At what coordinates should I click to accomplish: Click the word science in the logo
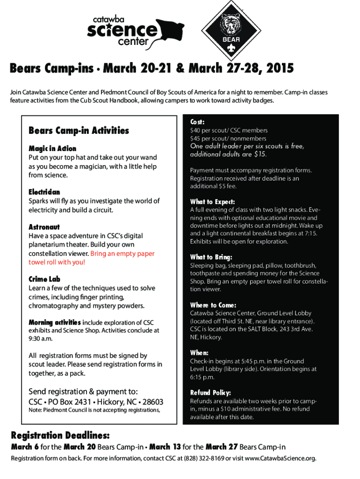[x=122, y=31]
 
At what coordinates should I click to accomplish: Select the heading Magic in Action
[x=52, y=149]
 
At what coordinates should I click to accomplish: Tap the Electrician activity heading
[x=44, y=192]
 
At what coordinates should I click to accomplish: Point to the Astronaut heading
[x=44, y=227]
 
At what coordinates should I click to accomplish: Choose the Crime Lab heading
[x=44, y=279]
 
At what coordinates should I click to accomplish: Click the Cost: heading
[x=197, y=122]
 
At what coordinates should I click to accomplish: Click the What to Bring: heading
[x=211, y=257]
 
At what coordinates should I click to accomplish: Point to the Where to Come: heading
[x=213, y=305]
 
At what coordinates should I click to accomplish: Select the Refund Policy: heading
[x=210, y=393]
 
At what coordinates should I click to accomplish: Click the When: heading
[x=199, y=353]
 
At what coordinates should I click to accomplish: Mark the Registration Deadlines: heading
[x=61, y=434]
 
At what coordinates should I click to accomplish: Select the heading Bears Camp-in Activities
[x=79, y=131]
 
